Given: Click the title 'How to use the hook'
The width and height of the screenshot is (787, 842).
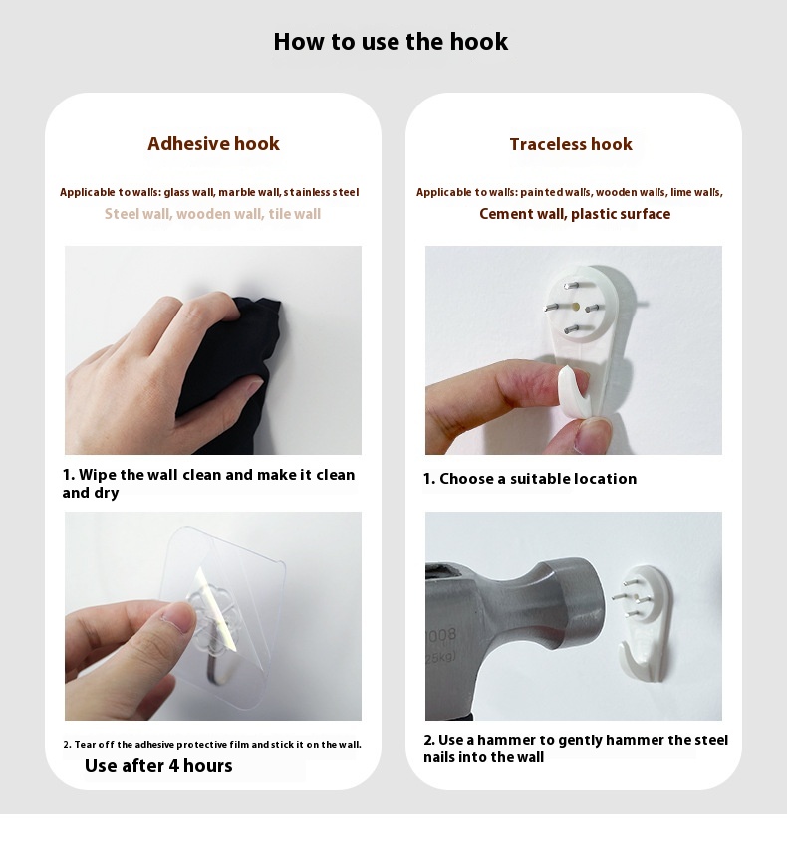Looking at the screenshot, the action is (391, 42).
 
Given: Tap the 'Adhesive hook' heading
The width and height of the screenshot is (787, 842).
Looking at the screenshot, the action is (213, 144).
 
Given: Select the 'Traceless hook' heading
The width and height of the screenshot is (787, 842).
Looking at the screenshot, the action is (571, 144).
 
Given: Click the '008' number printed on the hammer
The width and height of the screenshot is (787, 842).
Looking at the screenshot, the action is (443, 635).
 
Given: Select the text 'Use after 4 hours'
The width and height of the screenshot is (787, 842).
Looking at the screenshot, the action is (158, 765).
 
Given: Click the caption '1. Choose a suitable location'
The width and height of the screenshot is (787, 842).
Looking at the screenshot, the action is (530, 479).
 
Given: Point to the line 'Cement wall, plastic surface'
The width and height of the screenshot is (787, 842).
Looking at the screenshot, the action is (575, 214).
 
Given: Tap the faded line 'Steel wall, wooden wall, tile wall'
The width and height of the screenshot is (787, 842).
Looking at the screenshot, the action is (212, 214).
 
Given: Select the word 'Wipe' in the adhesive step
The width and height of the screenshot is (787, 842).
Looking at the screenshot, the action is (98, 475).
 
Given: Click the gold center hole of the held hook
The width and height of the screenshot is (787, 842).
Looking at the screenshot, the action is (575, 307).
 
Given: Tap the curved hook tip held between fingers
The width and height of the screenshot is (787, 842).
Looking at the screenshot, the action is (574, 388).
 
